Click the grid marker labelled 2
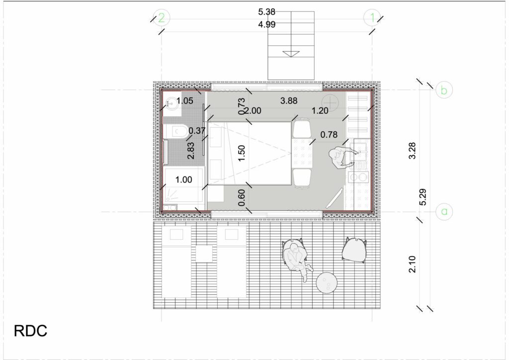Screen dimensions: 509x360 (x=162, y=17)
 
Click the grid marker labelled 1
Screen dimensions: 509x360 (x=372, y=17)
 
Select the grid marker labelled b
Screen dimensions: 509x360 (x=444, y=90)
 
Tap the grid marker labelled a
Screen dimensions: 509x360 (x=444, y=212)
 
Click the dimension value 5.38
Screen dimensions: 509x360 (x=266, y=12)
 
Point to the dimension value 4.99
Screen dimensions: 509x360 (x=266, y=24)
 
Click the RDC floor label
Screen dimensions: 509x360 (x=30, y=331)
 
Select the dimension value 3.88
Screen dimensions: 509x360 (x=289, y=100)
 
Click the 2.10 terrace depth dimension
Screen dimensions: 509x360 (x=412, y=264)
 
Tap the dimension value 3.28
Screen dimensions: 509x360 (x=412, y=151)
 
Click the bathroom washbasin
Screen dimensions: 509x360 (x=171, y=103)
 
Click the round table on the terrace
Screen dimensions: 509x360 (x=327, y=283)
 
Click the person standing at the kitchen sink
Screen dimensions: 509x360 (x=341, y=158)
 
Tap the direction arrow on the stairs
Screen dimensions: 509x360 (x=291, y=54)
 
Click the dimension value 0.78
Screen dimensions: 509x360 (x=329, y=134)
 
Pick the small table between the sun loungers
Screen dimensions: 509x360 (x=204, y=253)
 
